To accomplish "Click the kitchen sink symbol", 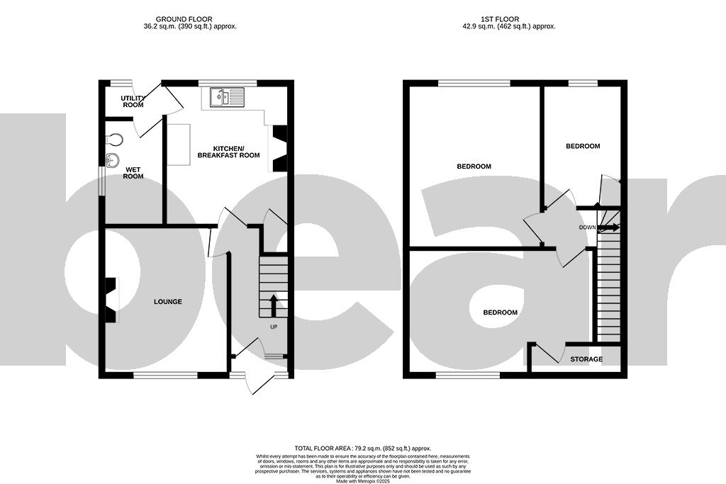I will click(x=226, y=97).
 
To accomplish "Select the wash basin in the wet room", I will click(x=111, y=159).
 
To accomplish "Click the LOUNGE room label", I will click(x=168, y=302).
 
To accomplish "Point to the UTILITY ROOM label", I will click(x=132, y=101).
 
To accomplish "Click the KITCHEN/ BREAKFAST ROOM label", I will click(x=228, y=152).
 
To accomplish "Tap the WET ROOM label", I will click(x=133, y=173).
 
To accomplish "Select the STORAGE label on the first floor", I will click(x=586, y=359).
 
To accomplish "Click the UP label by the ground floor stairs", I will click(x=274, y=327).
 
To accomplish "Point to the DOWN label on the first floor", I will click(x=587, y=227).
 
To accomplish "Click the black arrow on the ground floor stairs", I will click(x=272, y=305).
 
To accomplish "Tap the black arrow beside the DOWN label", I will click(x=608, y=227).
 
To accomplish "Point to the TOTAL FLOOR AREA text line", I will click(x=362, y=449).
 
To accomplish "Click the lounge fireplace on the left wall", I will click(x=111, y=300).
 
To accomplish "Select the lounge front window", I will click(x=165, y=375).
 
